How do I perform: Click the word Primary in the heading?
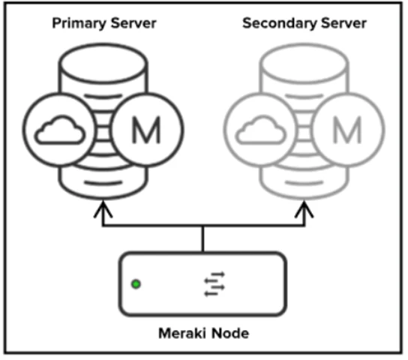click(x=79, y=24)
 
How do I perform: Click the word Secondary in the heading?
click(x=279, y=23)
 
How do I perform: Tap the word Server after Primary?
click(x=133, y=23)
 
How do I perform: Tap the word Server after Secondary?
click(x=343, y=23)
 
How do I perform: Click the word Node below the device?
click(x=230, y=333)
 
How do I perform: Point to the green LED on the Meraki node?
click(x=136, y=284)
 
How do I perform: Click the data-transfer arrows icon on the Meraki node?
click(x=214, y=284)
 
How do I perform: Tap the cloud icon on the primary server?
click(x=60, y=130)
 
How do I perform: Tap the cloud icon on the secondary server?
click(x=261, y=130)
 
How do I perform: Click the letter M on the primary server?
click(x=146, y=130)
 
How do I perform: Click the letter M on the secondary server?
click(x=347, y=130)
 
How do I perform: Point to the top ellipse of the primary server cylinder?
click(x=103, y=44)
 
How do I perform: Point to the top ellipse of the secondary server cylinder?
click(x=304, y=44)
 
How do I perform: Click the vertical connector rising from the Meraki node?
click(x=203, y=238)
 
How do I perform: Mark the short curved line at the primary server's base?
click(x=103, y=184)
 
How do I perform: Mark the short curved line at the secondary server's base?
click(x=304, y=184)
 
